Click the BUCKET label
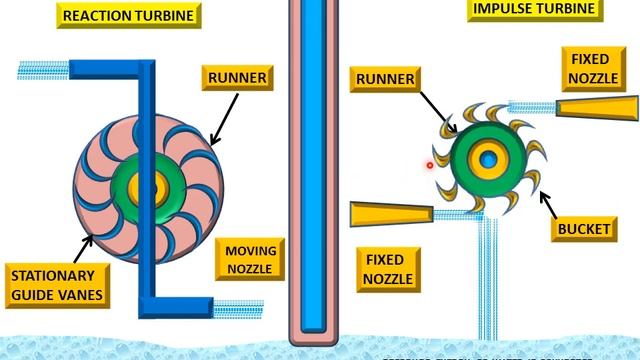click(x=584, y=229)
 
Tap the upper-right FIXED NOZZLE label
click(x=596, y=68)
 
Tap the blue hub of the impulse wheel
click(x=488, y=159)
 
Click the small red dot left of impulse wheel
click(x=430, y=166)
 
